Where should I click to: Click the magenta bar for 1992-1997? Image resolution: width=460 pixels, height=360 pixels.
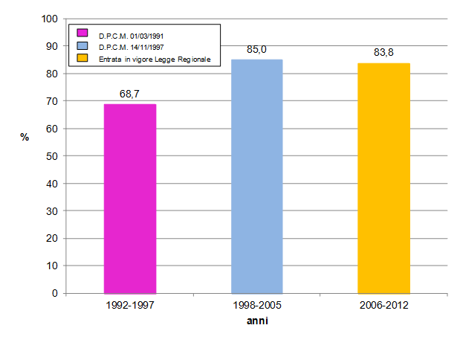point(129,199)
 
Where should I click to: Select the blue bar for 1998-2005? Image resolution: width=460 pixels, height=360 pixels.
point(256,176)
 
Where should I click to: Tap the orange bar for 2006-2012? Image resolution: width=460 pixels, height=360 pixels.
point(383,178)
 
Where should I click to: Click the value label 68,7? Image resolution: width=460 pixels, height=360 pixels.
point(130,94)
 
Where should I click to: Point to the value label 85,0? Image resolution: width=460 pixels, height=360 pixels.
point(257,50)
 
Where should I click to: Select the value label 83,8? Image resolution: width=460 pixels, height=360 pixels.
point(384,53)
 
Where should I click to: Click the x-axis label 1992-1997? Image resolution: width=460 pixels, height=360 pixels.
point(129,306)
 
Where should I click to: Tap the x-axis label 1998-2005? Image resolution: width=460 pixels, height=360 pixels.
point(256,306)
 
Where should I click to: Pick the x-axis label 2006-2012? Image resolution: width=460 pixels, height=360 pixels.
point(383,306)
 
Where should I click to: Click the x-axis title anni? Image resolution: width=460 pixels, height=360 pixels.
point(257,321)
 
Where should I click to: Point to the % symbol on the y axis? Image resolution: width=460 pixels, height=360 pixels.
point(25,137)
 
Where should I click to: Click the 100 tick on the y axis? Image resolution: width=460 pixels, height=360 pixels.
point(50,19)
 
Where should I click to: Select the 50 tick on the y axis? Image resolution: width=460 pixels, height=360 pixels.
point(53,155)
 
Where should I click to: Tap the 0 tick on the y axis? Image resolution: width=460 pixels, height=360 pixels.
point(55,293)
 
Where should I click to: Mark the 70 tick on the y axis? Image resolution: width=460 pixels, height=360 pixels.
point(53,101)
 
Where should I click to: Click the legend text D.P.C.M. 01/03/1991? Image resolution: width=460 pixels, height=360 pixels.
point(131,35)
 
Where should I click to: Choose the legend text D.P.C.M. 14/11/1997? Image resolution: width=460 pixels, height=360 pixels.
point(131,47)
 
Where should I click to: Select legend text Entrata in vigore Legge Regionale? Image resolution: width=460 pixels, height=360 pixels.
point(149,58)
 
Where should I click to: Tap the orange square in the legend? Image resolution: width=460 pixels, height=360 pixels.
point(83,58)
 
